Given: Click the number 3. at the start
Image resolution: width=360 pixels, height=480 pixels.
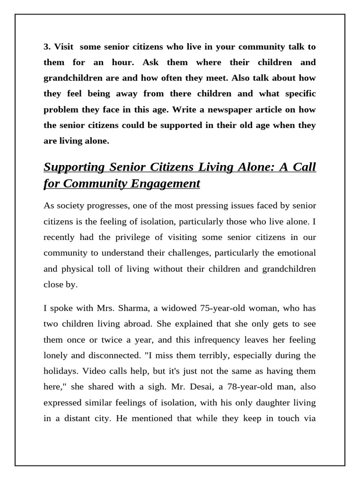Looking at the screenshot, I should pyautogui.click(x=47, y=47).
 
